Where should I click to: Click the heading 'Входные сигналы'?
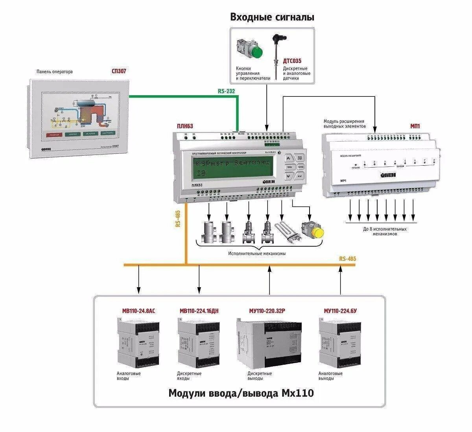[272, 17]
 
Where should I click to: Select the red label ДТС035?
[292, 61]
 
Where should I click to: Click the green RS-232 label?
[226, 91]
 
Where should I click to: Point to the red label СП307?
[119, 71]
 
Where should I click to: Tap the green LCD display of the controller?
[234, 167]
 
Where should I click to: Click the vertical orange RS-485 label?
[178, 219]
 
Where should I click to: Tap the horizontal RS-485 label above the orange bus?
[347, 258]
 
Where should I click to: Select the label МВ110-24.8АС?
[138, 311]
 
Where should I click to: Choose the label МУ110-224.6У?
[340, 311]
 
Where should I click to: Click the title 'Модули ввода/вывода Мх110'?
[241, 393]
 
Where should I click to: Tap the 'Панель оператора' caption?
[55, 72]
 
